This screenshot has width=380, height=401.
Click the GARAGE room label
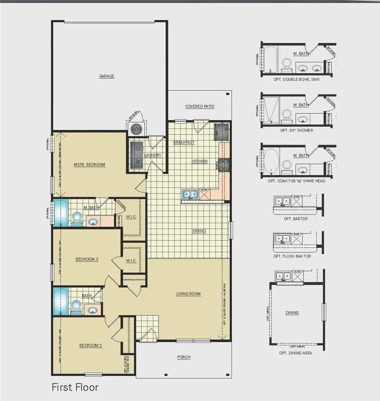pyautogui.click(x=107, y=76)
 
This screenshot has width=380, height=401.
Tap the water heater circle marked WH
pyautogui.click(x=136, y=130)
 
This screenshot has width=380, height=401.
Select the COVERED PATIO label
pyautogui.click(x=199, y=106)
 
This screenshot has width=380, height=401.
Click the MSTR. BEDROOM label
pyautogui.click(x=89, y=165)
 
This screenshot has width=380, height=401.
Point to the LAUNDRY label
pyautogui.click(x=152, y=155)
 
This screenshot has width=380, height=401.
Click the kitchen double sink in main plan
pyautogui.click(x=191, y=194)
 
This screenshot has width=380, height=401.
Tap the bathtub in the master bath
pyautogui.click(x=60, y=213)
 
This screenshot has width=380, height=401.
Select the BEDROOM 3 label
pyautogui.click(x=86, y=259)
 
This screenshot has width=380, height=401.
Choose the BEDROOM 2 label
pyautogui.click(x=91, y=345)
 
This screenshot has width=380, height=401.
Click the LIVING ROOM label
pyautogui.click(x=188, y=294)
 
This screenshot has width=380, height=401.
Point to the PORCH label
pyautogui.click(x=184, y=357)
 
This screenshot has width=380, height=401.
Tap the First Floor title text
pyautogui.click(x=75, y=387)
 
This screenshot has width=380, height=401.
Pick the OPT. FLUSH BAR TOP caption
pyautogui.click(x=292, y=256)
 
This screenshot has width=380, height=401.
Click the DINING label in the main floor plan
pyautogui.click(x=199, y=231)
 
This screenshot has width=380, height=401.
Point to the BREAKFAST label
pyautogui.click(x=184, y=142)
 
